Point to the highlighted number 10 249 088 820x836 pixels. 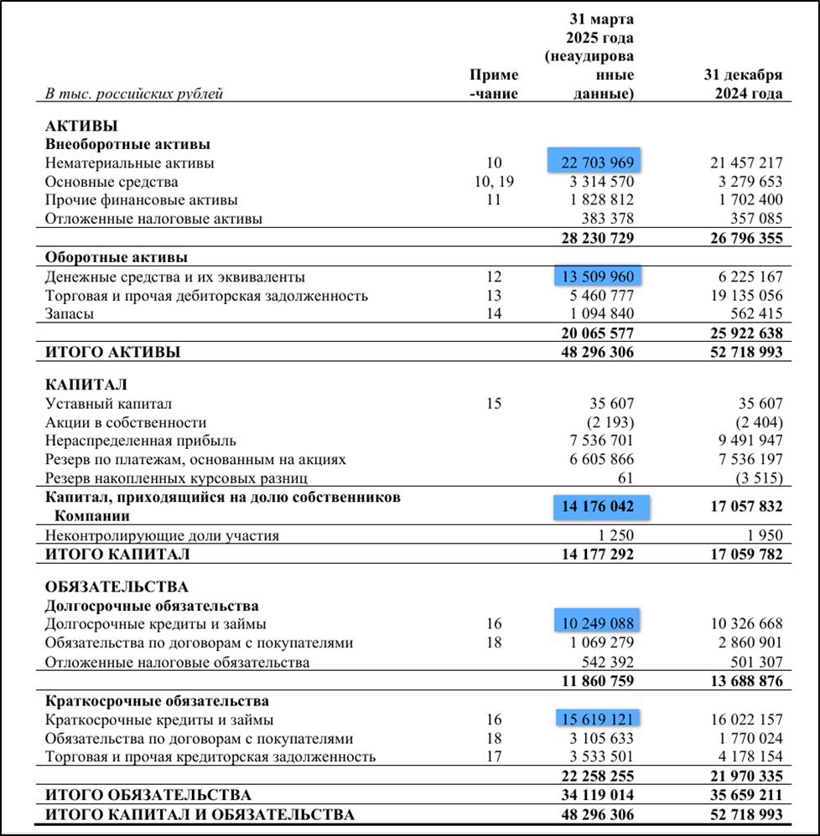(x=596, y=623)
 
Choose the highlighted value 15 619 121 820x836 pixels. (x=596, y=719)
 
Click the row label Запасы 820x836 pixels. (x=69, y=314)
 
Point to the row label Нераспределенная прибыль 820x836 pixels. (x=141, y=441)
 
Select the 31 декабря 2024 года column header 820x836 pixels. (x=742, y=84)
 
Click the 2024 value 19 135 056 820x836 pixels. (x=746, y=296)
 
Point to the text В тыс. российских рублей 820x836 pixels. (x=134, y=93)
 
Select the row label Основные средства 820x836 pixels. (x=112, y=182)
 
